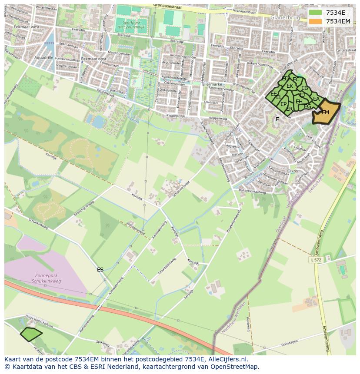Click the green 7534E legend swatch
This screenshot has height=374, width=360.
tap(316, 13)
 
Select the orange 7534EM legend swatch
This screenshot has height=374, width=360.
tap(316, 21)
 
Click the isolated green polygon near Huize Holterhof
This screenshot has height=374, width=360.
tap(31, 334)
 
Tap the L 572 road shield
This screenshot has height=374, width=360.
tap(317, 259)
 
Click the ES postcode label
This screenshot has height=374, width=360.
tap(100, 270)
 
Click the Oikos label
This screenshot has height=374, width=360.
tap(293, 171)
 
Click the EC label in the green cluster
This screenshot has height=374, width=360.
tap(296, 79)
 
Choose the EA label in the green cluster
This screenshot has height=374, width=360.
tap(316, 99)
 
